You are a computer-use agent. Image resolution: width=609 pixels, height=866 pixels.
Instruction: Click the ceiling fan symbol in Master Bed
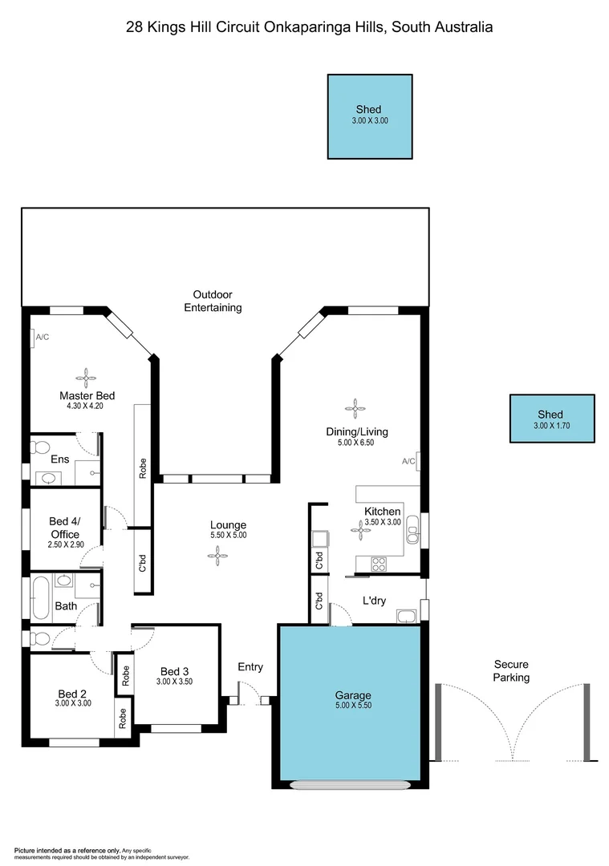click(x=86, y=374)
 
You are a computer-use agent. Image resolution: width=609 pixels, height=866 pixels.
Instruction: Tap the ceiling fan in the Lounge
click(x=217, y=554)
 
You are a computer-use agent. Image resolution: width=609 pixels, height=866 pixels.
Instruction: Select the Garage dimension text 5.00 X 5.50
click(x=354, y=706)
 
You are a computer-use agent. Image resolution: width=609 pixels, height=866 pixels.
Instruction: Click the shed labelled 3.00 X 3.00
click(x=369, y=116)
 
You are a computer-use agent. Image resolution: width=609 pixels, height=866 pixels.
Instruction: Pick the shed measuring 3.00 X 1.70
click(x=552, y=419)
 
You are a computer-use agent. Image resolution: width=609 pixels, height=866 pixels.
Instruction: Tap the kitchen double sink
click(x=412, y=528)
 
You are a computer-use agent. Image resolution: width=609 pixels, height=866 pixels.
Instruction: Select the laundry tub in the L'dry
click(x=406, y=616)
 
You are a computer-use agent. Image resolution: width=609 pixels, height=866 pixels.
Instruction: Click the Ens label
click(x=60, y=459)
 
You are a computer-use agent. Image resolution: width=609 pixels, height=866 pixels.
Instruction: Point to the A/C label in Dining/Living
click(x=408, y=461)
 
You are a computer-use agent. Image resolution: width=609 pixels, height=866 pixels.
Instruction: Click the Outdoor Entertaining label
click(x=213, y=301)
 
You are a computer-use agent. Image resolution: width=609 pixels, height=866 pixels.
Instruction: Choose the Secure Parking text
click(x=511, y=671)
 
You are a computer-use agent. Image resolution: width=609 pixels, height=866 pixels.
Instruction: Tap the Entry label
click(x=250, y=667)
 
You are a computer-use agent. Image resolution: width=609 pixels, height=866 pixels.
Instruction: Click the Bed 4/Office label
click(x=65, y=528)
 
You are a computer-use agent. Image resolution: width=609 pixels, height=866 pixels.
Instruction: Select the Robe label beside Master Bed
click(x=142, y=468)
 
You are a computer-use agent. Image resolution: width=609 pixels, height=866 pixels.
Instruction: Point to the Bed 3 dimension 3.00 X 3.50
click(x=174, y=682)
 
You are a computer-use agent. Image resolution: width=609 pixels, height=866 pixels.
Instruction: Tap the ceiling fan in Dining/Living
click(x=354, y=409)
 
